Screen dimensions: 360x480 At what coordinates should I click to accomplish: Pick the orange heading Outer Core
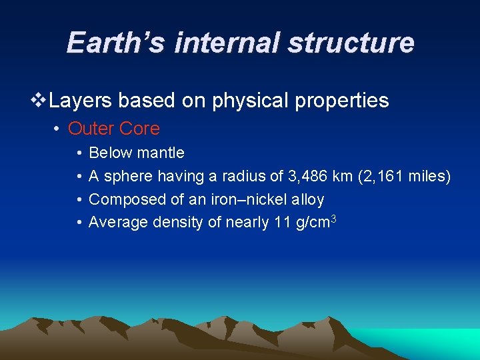(x=114, y=128)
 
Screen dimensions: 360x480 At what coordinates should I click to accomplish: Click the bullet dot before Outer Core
(x=58, y=128)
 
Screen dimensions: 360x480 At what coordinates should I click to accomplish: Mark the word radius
(x=247, y=177)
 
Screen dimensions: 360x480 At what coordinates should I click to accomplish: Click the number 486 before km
(x=313, y=177)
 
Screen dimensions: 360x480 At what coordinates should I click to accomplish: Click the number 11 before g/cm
(x=282, y=222)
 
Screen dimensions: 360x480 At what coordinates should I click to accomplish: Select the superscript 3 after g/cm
(x=333, y=218)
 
